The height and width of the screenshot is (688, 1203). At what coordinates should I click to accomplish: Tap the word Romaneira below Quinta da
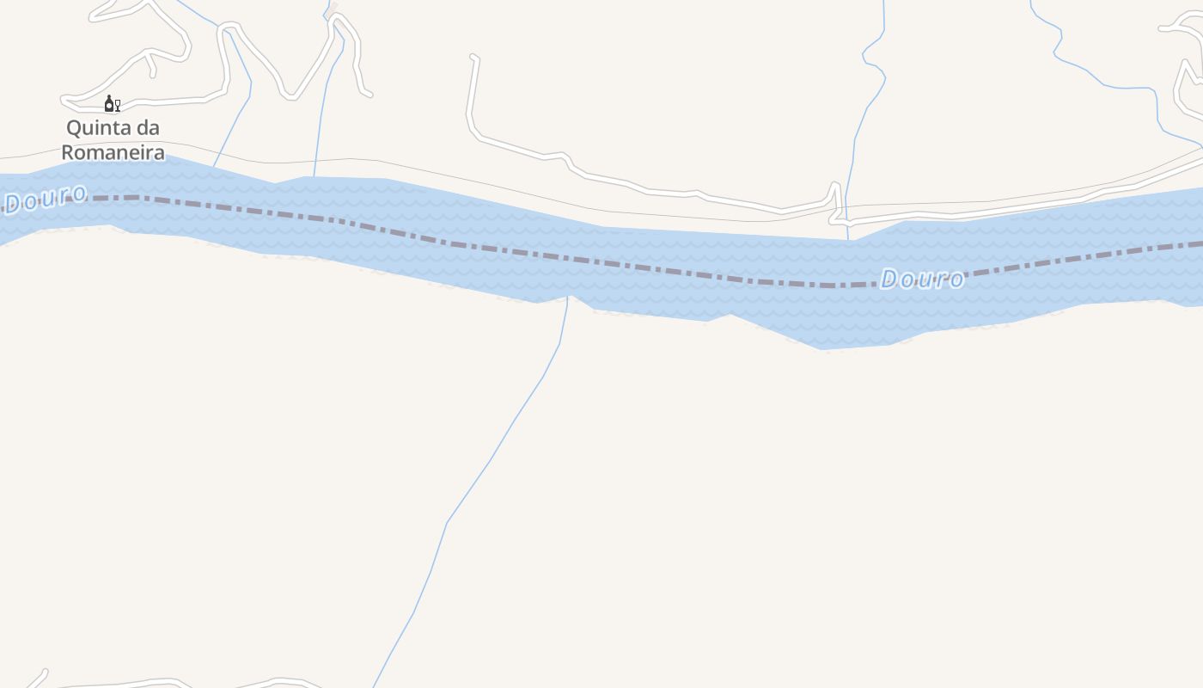(113, 153)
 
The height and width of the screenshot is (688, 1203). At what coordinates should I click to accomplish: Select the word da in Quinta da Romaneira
(148, 128)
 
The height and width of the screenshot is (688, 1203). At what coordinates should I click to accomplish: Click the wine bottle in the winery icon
(108, 104)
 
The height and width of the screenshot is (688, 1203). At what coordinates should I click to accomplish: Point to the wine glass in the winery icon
(117, 106)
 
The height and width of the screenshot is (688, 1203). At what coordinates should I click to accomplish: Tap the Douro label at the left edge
(45, 198)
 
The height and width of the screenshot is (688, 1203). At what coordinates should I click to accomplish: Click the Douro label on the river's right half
(921, 279)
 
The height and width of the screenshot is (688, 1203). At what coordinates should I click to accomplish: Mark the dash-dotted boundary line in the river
(601, 262)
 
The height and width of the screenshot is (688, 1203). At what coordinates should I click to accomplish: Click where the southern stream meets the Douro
(568, 298)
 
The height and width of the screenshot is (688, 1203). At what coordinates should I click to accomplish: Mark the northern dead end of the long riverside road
(473, 58)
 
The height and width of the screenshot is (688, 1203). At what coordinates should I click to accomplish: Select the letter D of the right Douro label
(890, 279)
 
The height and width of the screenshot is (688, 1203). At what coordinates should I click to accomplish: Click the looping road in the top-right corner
(1186, 77)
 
